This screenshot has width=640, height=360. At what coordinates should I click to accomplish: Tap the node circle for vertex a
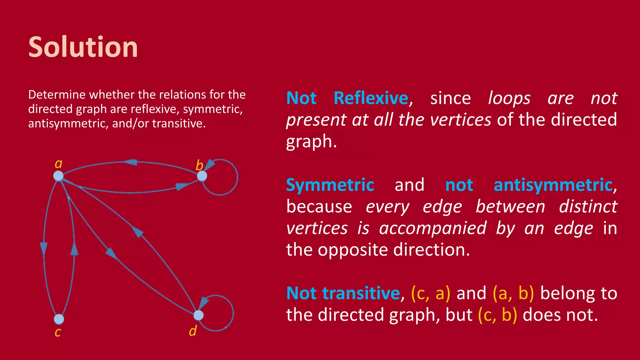[58, 176]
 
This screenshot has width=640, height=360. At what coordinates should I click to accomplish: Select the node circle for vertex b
[202, 176]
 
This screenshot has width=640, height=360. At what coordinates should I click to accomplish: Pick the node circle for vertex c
[59, 319]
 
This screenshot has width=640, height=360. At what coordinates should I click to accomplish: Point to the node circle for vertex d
[198, 315]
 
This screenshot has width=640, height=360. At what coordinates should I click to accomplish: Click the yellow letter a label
[58, 163]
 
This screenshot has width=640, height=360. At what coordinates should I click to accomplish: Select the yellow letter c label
[58, 332]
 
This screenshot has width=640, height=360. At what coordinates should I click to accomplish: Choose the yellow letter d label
[193, 331]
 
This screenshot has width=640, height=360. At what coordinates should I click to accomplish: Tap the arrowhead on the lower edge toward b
[181, 187]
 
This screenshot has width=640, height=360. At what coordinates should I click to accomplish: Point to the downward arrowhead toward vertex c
[44, 248]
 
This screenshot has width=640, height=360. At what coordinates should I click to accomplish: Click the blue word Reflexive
[371, 98]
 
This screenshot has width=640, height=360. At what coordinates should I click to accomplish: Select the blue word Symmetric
[330, 185]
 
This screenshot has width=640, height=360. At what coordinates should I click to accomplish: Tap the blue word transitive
[361, 293]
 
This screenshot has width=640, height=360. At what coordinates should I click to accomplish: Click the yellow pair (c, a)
[431, 293]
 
